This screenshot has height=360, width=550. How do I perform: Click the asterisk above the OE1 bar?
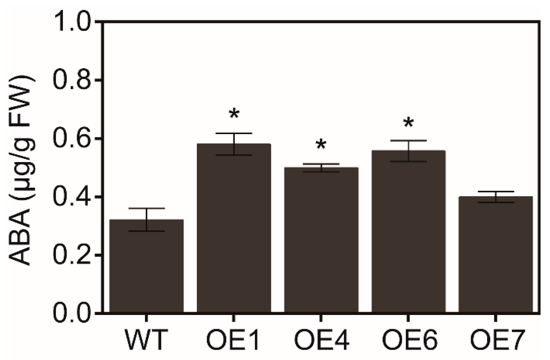pyautogui.click(x=234, y=115)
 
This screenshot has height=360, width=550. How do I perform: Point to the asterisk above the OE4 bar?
pyautogui.click(x=321, y=145)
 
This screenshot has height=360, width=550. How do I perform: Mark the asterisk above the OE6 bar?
pyautogui.click(x=408, y=123)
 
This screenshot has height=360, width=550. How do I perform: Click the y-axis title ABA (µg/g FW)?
pyautogui.click(x=22, y=170)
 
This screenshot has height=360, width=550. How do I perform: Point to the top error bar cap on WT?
pyautogui.click(x=146, y=208)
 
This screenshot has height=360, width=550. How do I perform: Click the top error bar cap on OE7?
pyautogui.click(x=496, y=192)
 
